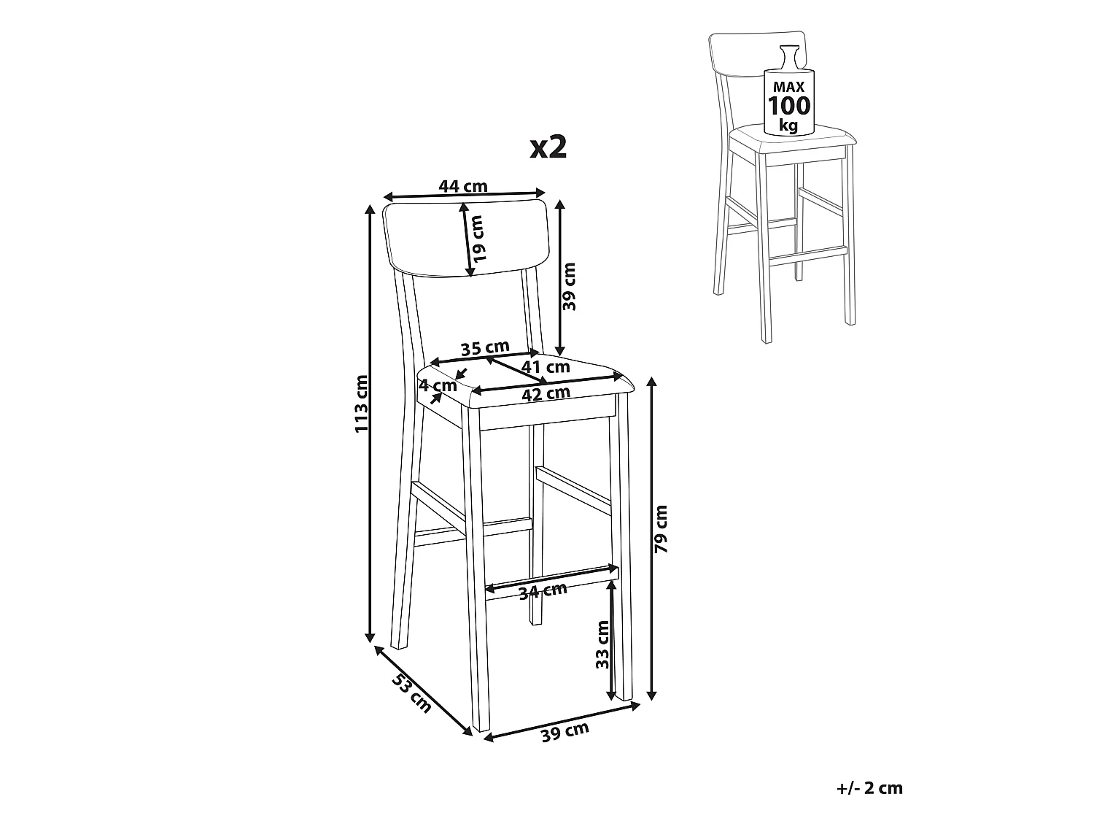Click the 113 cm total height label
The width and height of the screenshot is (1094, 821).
(361, 404)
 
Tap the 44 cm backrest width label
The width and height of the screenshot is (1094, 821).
(463, 186)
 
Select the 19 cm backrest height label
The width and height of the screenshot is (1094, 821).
(478, 239)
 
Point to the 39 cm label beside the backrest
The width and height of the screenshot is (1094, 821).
(569, 287)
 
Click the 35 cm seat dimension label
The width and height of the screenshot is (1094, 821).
(485, 348)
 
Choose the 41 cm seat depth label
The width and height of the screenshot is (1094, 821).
(546, 367)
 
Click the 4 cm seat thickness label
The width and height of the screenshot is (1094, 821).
(438, 385)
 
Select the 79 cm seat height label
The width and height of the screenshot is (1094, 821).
(661, 529)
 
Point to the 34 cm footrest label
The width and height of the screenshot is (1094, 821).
(543, 591)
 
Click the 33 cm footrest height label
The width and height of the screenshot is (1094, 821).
(602, 644)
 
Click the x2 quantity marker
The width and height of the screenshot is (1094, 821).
(548, 147)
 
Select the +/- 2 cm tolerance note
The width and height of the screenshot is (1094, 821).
(869, 788)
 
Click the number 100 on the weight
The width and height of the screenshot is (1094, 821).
(789, 106)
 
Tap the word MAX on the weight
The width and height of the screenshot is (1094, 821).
(789, 88)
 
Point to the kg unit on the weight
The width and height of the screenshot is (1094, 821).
(788, 126)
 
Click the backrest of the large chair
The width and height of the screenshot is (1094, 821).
(466, 238)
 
